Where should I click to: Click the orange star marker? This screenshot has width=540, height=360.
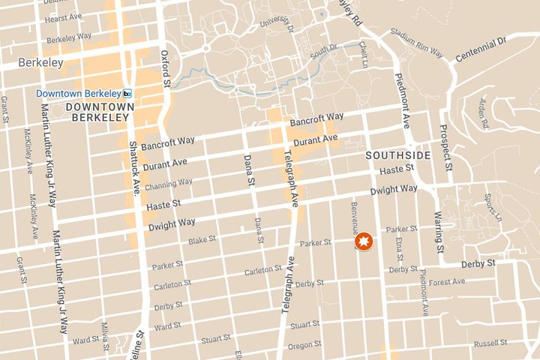364,242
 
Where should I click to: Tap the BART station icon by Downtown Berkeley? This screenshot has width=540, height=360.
127,93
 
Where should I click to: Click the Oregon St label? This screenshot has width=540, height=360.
304,345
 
